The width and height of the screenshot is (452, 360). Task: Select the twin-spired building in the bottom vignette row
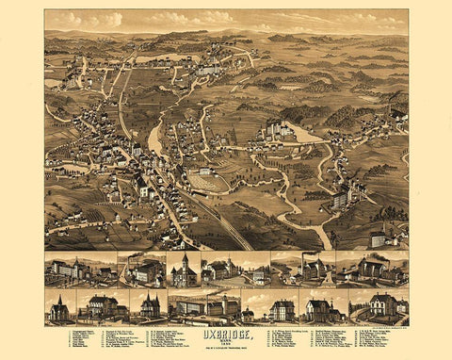[x=150, y=305]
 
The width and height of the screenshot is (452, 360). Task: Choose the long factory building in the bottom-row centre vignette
[x=202, y=307]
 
